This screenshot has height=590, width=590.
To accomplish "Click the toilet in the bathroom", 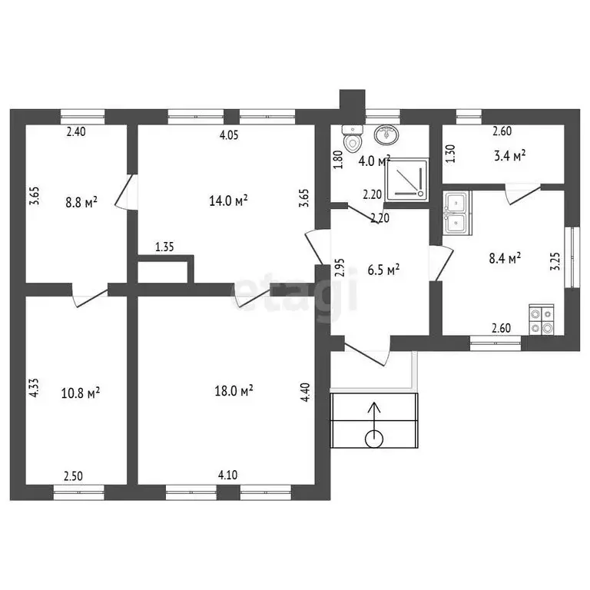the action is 353,139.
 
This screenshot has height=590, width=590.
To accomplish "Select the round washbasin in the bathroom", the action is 386,134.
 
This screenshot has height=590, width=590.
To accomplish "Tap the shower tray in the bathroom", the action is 406,179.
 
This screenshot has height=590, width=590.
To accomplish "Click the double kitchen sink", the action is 457,214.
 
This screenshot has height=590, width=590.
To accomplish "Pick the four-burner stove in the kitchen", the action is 541,320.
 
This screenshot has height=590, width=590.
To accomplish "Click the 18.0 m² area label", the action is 234,390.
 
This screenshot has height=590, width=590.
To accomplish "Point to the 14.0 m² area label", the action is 228,201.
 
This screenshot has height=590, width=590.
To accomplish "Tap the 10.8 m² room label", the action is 81,393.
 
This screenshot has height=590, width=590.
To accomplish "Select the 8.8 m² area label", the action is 81,202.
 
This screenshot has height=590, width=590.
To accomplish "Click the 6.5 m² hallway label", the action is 383,270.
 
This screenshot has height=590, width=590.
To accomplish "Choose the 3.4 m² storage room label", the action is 510,155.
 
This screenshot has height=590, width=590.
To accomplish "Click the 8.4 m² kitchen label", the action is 505,258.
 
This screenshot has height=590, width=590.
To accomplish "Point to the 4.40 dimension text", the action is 305,392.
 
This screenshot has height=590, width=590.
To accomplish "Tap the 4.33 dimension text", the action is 34,388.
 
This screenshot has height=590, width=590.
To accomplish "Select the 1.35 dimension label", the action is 164,247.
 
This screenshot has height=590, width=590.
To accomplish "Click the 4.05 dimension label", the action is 229,135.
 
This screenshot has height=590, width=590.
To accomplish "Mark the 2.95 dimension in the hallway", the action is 340,267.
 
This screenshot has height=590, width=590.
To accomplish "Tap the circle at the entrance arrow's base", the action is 374,439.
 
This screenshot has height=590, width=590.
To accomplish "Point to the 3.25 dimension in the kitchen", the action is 555,261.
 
